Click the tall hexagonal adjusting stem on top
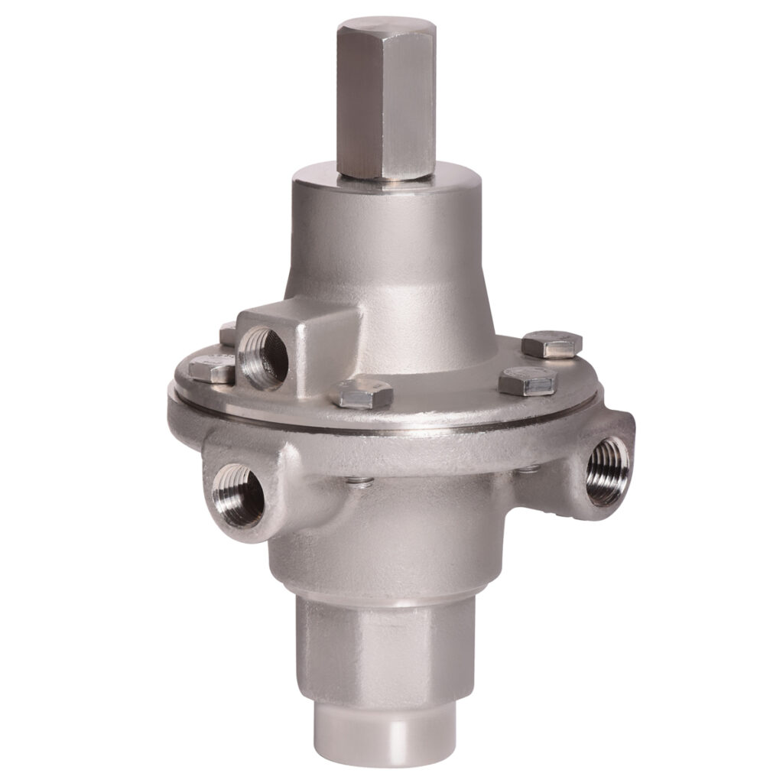click(386, 107)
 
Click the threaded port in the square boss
click(262, 356)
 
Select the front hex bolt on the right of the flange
click(527, 380)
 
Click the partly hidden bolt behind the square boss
click(227, 333)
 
